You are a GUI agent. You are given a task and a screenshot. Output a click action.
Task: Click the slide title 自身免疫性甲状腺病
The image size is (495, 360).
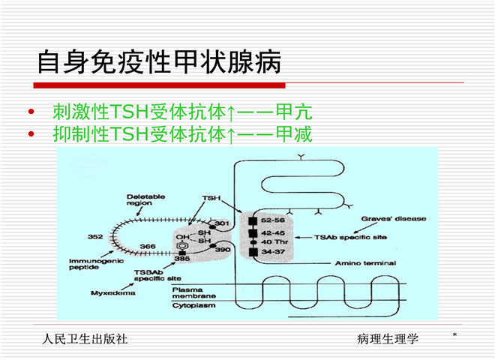(x=159, y=62)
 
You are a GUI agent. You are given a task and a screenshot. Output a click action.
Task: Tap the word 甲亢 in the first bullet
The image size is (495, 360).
(x=294, y=112)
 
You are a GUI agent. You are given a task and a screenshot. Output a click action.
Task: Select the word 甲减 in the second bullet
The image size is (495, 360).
(x=294, y=134)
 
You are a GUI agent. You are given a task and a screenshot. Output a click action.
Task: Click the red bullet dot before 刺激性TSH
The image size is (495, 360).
(x=31, y=113)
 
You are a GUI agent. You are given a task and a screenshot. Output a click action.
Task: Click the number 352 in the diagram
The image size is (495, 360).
(x=95, y=237)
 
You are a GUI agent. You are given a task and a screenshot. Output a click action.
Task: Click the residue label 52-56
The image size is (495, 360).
(x=273, y=220)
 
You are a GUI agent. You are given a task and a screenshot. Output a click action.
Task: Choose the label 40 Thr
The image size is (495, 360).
(x=272, y=241)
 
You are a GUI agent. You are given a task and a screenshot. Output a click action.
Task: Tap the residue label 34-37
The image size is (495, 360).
(x=272, y=252)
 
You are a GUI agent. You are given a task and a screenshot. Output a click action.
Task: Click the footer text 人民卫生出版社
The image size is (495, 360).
(x=85, y=339)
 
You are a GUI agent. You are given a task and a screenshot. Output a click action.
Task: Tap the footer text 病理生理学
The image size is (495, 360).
(x=388, y=339)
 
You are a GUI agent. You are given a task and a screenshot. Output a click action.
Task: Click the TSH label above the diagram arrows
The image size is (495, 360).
(x=211, y=197)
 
